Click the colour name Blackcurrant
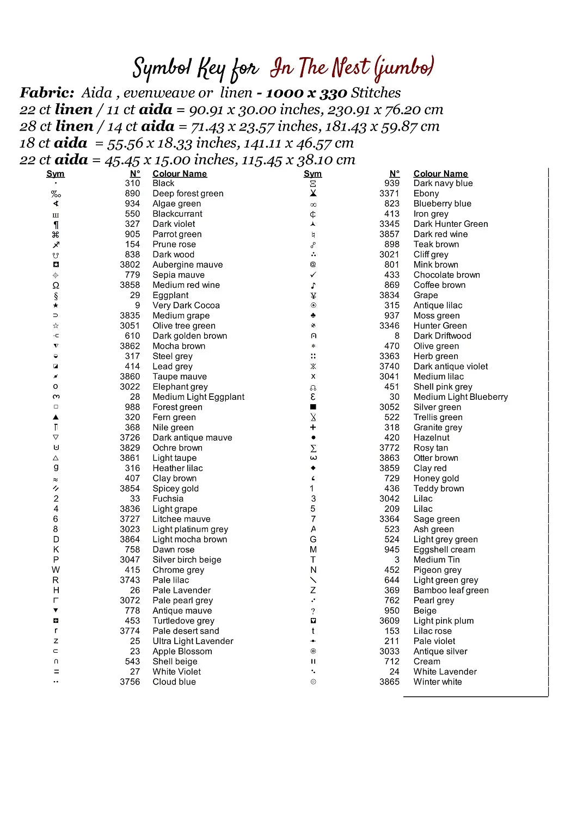point(177,214)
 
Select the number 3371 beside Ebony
point(389,194)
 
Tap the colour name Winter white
point(437,682)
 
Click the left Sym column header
point(56,174)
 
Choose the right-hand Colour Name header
point(440,174)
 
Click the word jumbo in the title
point(403,68)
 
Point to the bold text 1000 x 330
point(306,93)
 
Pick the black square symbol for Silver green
point(313,407)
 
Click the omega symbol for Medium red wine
point(56,285)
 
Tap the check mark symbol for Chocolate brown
point(313,275)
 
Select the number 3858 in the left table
point(130,285)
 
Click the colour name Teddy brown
point(438,489)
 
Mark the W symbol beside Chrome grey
point(56,570)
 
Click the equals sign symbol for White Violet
point(56,672)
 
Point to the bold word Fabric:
point(47,93)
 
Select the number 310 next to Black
point(132,183)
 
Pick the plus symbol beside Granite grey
point(313,428)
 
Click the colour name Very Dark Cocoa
point(186,306)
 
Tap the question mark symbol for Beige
point(313,611)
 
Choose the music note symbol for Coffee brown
point(313,285)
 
